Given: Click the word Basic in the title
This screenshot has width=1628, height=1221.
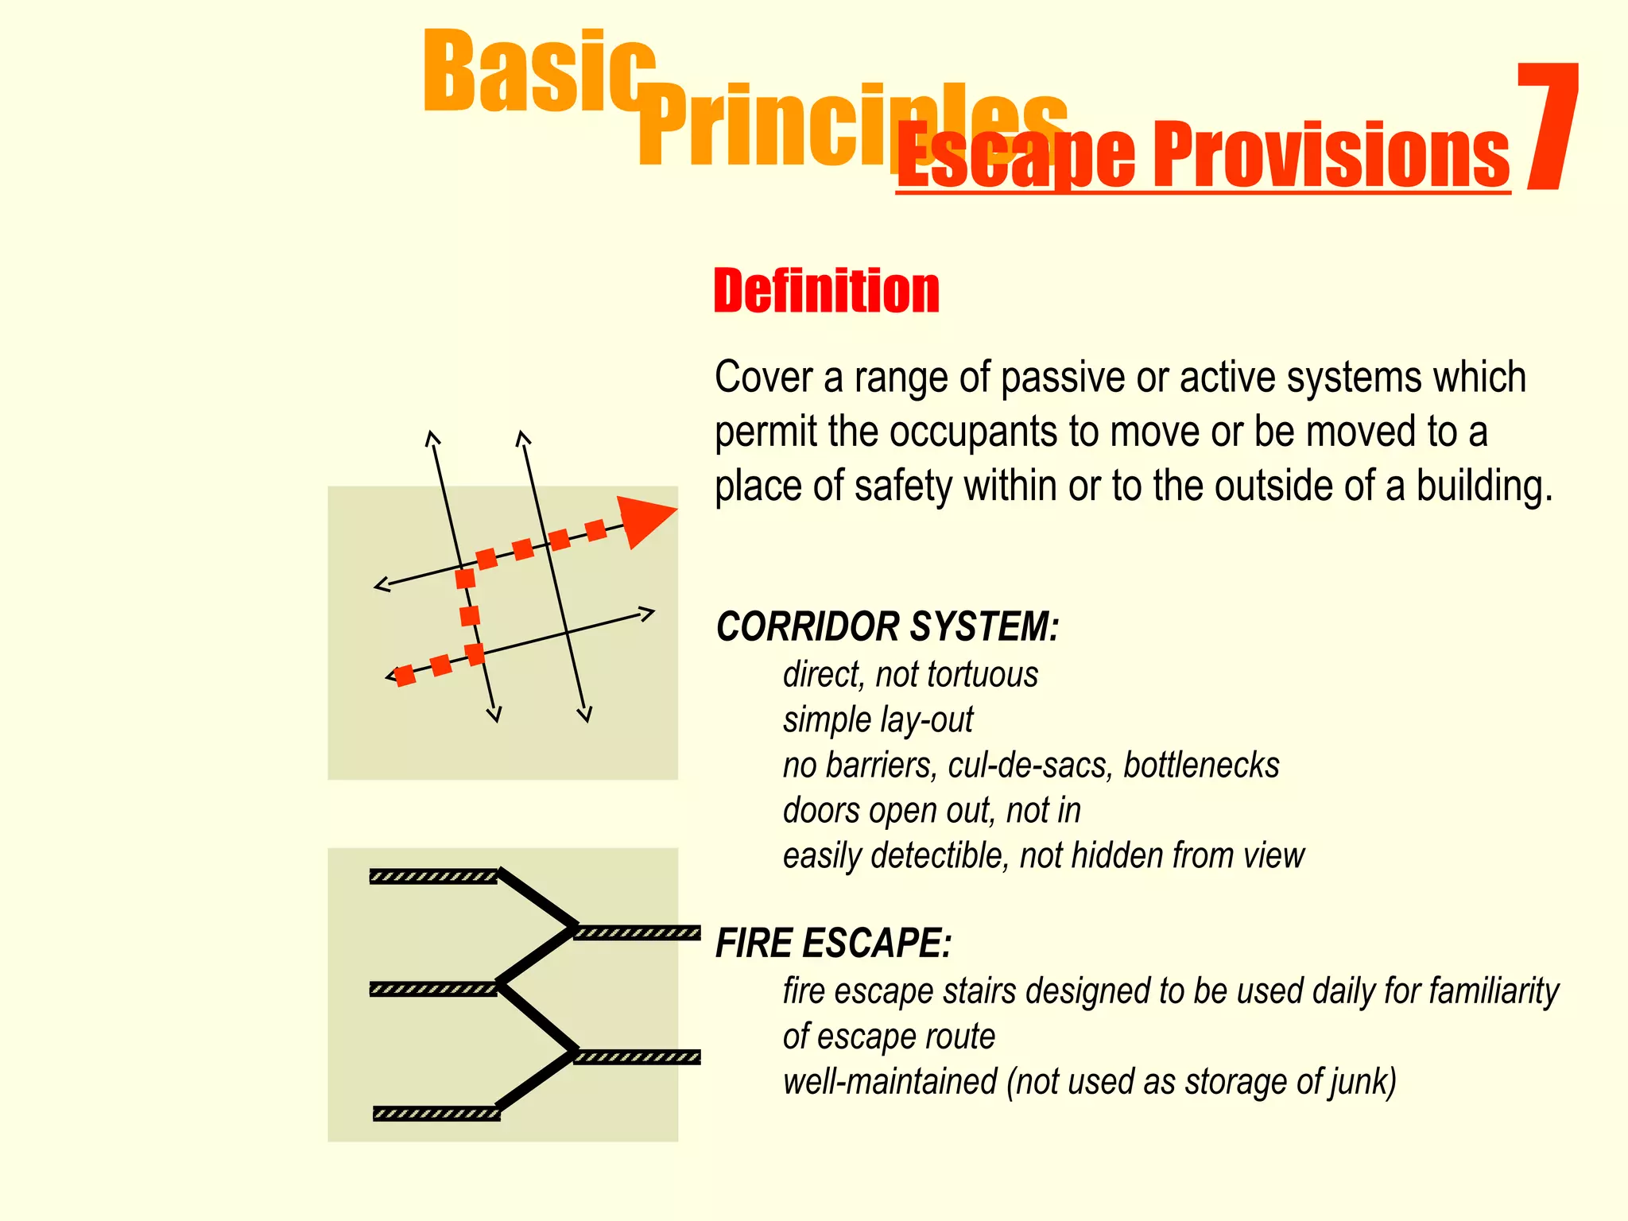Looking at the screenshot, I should coord(539,73).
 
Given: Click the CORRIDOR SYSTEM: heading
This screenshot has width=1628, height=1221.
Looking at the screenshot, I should coord(887,626).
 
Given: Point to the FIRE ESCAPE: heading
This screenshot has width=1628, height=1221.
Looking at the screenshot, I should coord(833,944).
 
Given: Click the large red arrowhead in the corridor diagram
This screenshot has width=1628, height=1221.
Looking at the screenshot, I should coord(642,520).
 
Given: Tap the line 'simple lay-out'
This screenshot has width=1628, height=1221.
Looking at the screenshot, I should coord(878,720).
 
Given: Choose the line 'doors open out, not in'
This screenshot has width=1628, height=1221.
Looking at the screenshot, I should coord(932,811).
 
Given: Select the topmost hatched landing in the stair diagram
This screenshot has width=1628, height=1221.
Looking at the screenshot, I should coord(433,877).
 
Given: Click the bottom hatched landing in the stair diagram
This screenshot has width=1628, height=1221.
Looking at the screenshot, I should coord(436,1114).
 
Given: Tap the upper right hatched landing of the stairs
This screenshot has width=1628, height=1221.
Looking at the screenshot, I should coord(638,933).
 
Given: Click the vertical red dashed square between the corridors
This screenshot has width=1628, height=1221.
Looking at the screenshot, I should coord(470,615).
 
